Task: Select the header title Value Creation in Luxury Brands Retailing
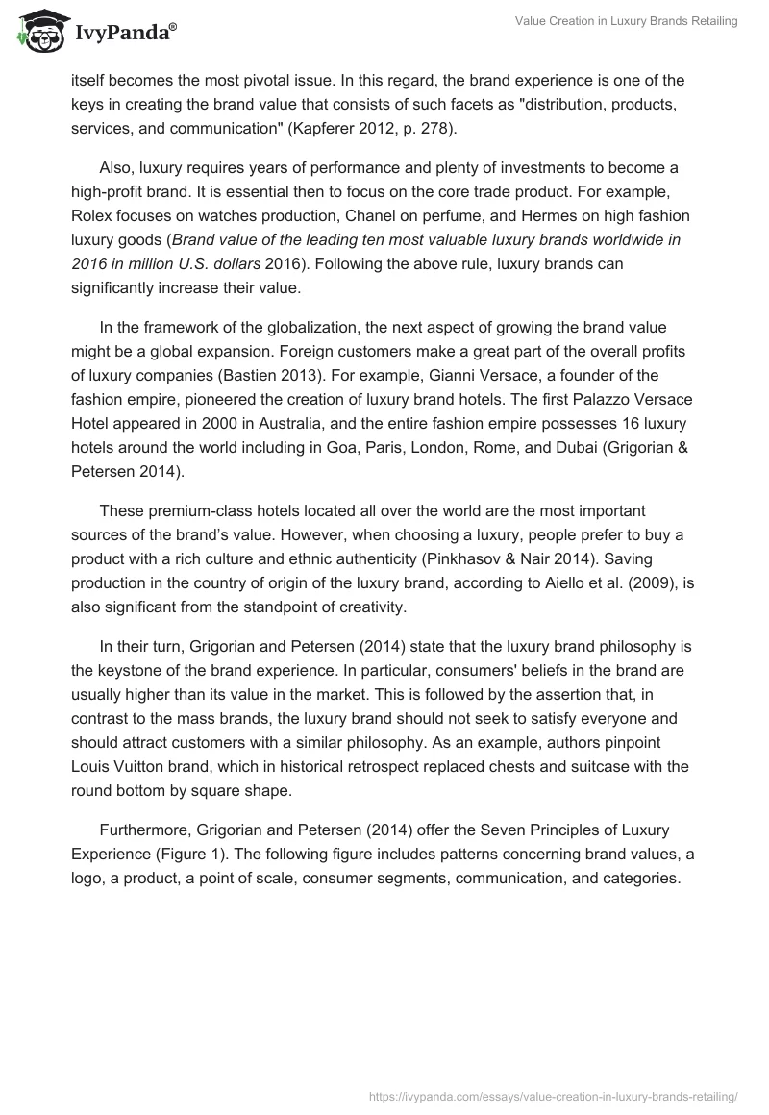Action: tap(626, 22)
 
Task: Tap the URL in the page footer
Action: tap(554, 1095)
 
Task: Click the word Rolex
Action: tap(92, 214)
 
